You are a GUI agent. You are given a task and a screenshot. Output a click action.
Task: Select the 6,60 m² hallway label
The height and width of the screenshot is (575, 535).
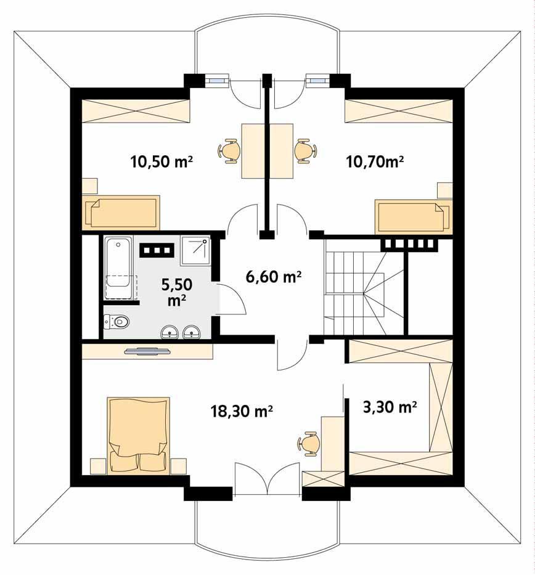[x=273, y=277]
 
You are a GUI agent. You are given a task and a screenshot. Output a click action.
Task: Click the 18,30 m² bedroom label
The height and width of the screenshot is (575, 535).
[x=242, y=411]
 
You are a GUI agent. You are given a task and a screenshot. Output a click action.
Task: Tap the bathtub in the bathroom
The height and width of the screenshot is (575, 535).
[x=118, y=269]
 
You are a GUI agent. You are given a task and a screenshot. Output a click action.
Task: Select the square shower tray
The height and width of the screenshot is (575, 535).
[x=195, y=250]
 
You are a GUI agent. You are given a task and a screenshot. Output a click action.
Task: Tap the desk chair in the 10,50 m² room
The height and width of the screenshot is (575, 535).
[x=229, y=150]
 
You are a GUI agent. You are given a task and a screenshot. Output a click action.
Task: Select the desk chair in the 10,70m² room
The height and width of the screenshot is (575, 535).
[x=305, y=150]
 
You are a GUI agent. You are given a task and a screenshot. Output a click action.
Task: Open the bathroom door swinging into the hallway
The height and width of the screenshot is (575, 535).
[x=232, y=300]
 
